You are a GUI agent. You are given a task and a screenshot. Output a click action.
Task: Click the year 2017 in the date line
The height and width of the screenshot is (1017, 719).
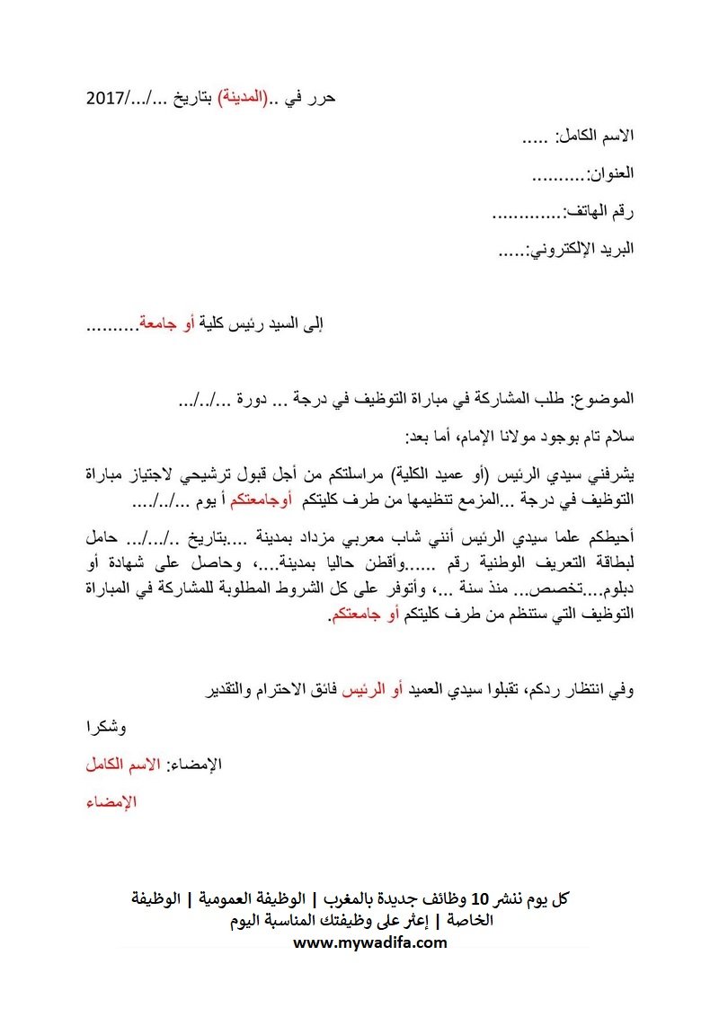click(106, 98)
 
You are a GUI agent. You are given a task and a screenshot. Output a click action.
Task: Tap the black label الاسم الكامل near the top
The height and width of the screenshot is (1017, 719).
click(596, 136)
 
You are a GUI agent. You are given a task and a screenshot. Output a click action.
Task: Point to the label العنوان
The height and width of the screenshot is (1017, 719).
click(610, 173)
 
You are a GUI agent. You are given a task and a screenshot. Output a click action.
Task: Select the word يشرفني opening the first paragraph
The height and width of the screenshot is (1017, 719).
click(610, 473)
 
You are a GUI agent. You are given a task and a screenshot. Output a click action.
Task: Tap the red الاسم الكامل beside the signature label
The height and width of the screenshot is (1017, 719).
click(123, 765)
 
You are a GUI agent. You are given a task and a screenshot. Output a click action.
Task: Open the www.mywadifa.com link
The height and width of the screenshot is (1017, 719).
click(370, 942)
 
